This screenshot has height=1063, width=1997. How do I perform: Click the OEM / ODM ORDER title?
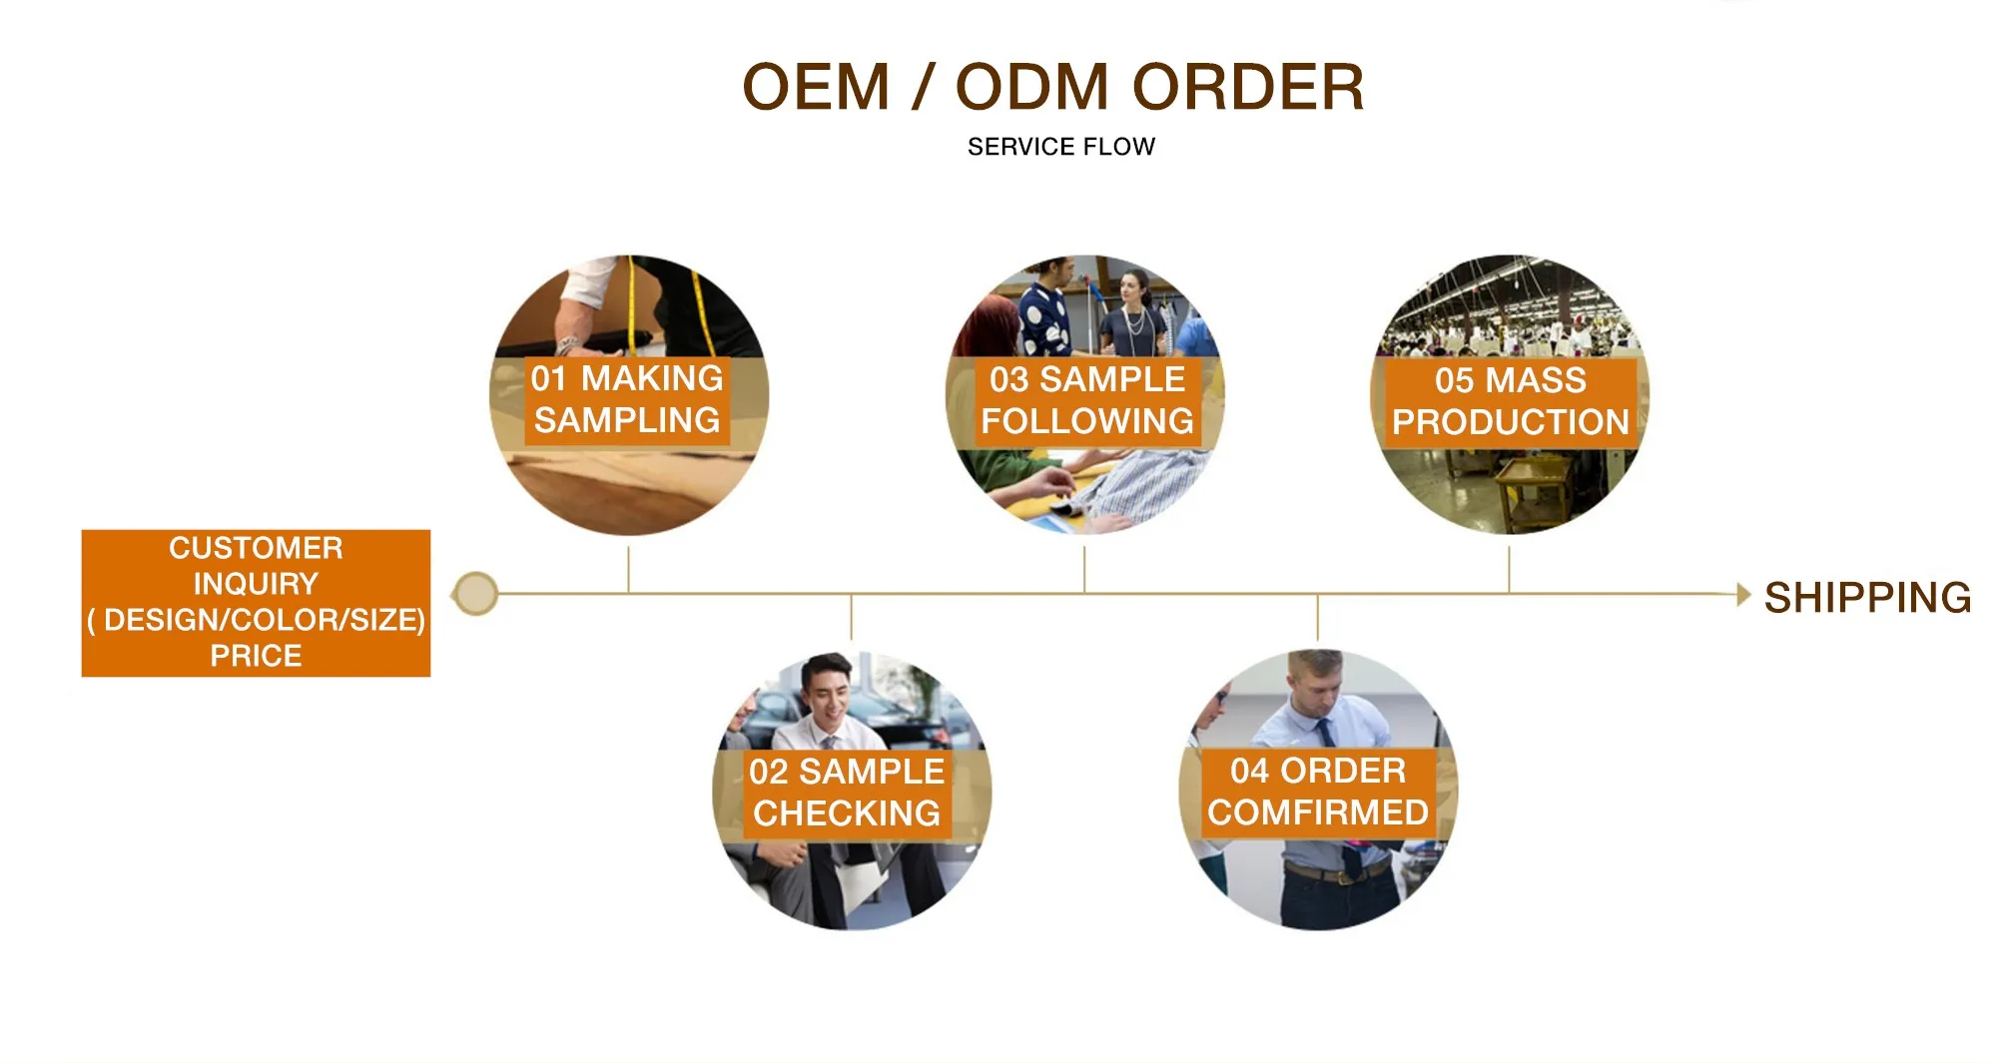1052,87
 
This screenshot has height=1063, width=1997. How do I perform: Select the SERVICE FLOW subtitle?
1060,147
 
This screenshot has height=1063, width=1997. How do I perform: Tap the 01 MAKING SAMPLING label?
627,399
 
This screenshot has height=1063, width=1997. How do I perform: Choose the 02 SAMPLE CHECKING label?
847,793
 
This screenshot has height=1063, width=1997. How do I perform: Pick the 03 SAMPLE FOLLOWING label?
1086,400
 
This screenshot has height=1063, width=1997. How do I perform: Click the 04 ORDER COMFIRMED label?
1317,792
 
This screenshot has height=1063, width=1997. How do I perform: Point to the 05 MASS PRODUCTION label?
1510,401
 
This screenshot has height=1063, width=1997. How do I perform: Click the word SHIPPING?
1867,597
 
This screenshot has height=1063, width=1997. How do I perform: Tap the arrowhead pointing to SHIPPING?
1743,595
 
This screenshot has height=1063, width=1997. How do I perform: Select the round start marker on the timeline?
476,594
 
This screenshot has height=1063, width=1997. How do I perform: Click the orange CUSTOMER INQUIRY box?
256,602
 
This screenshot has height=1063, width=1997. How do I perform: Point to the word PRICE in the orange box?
256,656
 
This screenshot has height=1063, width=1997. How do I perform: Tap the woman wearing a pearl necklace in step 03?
1132,309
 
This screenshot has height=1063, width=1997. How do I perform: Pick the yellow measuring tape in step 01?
632,299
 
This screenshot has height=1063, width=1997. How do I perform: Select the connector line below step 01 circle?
628,569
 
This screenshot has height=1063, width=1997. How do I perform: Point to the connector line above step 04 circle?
1317,617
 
